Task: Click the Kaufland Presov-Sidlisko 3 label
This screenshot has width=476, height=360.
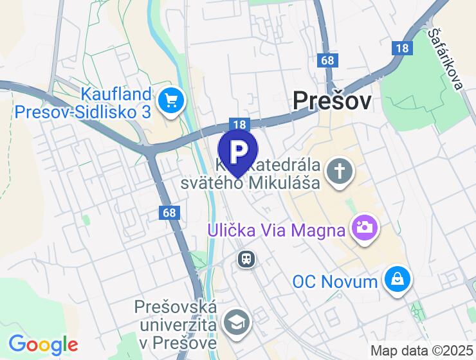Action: [83, 103]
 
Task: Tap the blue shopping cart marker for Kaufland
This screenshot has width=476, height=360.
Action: [172, 100]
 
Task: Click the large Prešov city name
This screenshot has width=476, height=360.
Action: [332, 101]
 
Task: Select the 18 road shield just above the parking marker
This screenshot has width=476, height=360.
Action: [237, 125]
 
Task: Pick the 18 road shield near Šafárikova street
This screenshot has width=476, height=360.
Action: [403, 48]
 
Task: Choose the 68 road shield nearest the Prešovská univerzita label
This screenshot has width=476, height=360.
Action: [169, 212]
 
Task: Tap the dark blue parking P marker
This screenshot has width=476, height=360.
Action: [238, 151]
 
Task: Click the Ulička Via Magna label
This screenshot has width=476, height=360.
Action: [276, 230]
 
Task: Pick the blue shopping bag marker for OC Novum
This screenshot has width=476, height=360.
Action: [398, 278]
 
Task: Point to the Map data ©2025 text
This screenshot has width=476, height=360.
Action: [422, 351]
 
